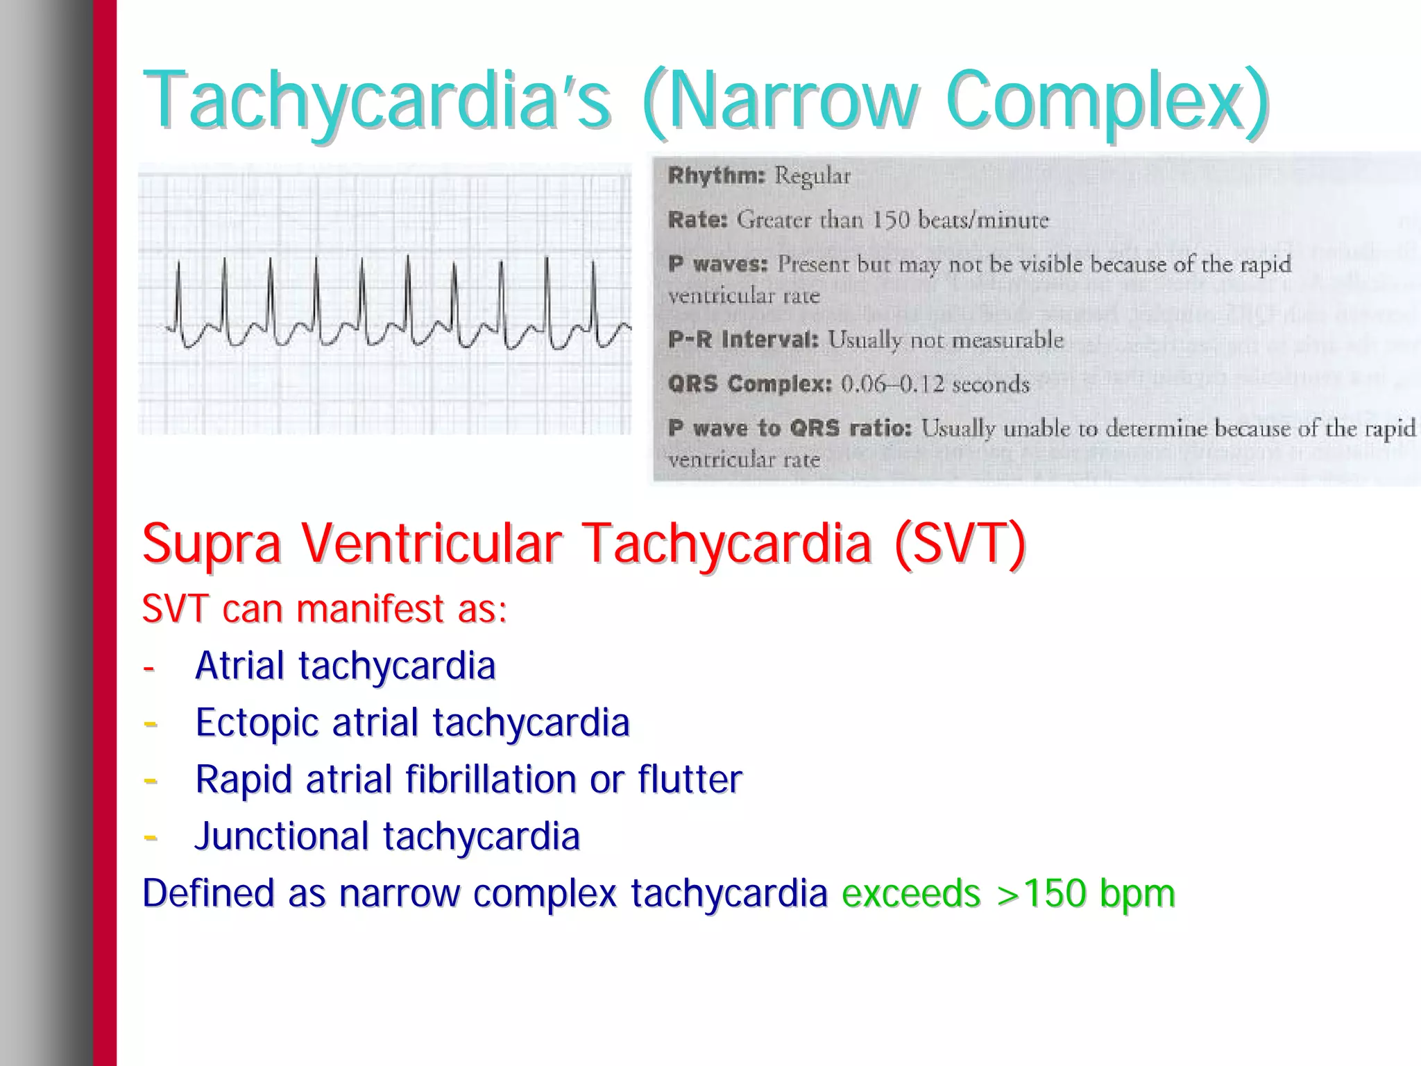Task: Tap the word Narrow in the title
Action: tap(791, 101)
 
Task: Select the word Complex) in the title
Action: tap(1107, 101)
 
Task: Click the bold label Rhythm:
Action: tap(716, 175)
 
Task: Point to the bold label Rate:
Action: tap(697, 220)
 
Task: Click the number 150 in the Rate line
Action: tap(890, 220)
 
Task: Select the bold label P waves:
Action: tap(718, 264)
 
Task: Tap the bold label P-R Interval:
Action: tap(743, 340)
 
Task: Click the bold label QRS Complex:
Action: tap(749, 384)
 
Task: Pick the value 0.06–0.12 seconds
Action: tap(935, 384)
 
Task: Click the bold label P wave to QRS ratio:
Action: tap(790, 429)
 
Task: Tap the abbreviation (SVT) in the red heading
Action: tap(960, 544)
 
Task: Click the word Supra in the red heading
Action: tap(212, 544)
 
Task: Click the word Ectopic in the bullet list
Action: tap(257, 723)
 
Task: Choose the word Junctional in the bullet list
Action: tap(282, 836)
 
